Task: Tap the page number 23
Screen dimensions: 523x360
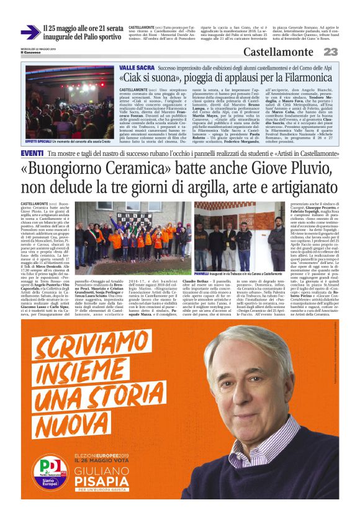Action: (x=330, y=52)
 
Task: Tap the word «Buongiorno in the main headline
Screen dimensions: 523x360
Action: (x=68, y=168)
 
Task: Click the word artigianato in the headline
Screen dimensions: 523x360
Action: (x=294, y=187)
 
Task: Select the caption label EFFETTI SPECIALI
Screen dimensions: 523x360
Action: (x=40, y=125)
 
